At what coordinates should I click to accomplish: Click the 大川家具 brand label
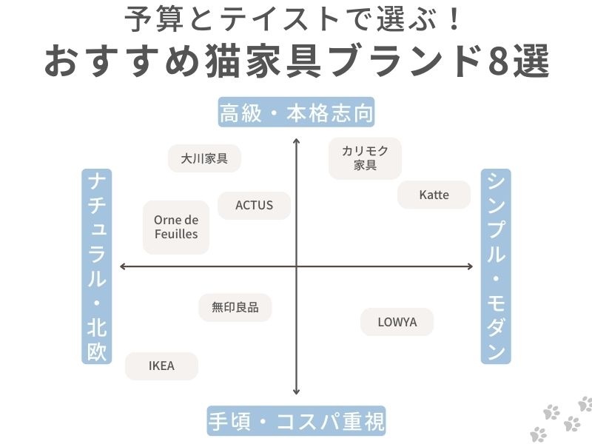pos(204,158)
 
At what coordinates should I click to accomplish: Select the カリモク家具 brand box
pos(365,158)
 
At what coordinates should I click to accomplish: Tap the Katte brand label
pos(434,195)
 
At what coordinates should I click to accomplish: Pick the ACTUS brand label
pos(254,206)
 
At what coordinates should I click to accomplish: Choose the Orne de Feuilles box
pos(176,227)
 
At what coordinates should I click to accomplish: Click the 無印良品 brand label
pos(235,308)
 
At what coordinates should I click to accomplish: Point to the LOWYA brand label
pos(397,322)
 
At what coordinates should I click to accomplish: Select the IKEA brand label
pos(161,366)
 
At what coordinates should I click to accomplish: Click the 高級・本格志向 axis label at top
pos(296,114)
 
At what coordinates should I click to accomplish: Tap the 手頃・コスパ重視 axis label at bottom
pos(296,422)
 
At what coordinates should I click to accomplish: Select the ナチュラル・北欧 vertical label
pos(96,266)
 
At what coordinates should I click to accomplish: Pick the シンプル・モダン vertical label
pos(496,266)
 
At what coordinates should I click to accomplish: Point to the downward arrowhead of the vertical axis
pos(296,393)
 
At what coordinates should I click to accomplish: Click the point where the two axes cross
pos(296,266)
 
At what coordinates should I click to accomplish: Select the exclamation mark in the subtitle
pos(455,20)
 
